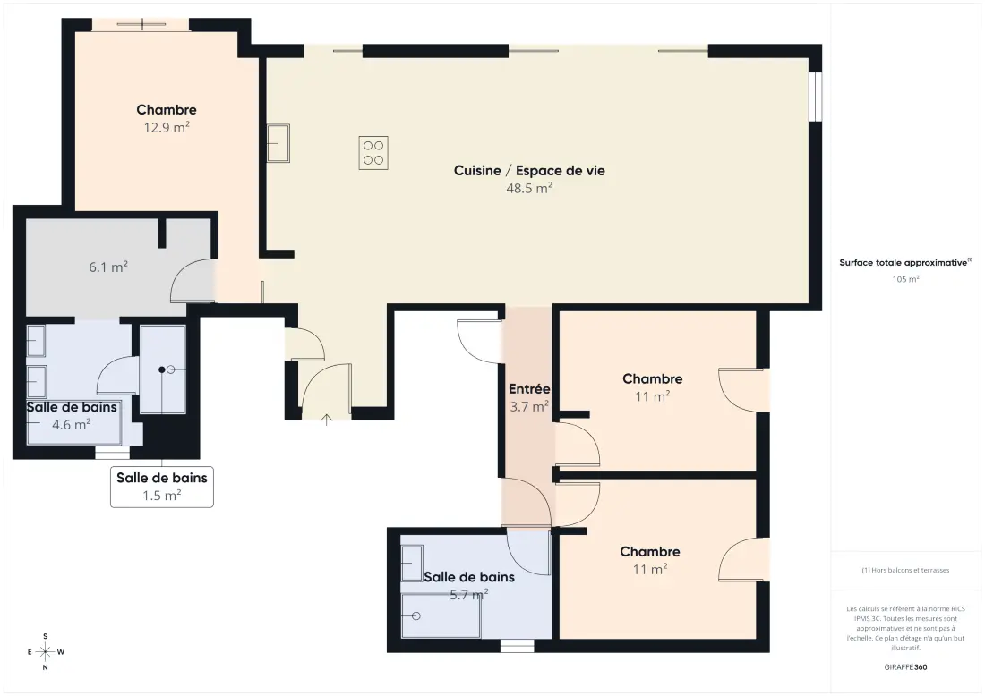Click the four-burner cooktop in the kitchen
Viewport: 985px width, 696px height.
(373, 152)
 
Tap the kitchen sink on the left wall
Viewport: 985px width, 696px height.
(278, 143)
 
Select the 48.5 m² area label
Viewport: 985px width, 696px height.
(529, 188)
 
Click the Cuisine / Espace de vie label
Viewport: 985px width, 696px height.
(529, 170)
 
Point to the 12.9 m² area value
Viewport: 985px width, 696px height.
(167, 127)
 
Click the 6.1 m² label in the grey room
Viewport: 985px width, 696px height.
(108, 267)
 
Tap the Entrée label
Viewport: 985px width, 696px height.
(529, 389)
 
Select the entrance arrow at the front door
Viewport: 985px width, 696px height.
(326, 420)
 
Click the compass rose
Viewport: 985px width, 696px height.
(46, 652)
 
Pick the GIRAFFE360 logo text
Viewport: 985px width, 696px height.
(905, 667)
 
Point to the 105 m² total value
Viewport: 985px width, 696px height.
(906, 279)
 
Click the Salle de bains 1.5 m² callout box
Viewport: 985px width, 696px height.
(162, 487)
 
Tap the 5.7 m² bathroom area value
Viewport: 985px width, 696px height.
(469, 594)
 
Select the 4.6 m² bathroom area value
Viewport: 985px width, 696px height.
(71, 425)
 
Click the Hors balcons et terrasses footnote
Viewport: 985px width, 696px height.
(905, 570)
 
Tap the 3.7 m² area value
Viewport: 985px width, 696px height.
(529, 407)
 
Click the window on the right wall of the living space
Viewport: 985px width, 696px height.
(816, 97)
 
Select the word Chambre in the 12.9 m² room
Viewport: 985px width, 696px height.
(167, 110)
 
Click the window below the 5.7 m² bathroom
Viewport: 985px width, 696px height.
(517, 645)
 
